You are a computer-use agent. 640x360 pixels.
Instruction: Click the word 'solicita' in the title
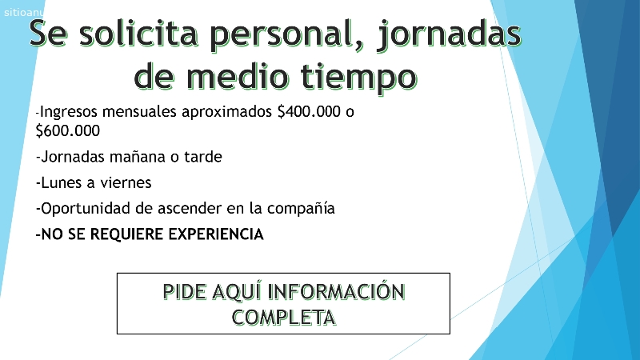[x=138, y=33]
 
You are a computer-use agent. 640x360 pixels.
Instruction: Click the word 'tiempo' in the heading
[x=359, y=78]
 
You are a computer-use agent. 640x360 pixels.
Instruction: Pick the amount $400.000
[x=309, y=111]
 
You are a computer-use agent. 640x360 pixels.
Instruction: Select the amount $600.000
[x=68, y=130]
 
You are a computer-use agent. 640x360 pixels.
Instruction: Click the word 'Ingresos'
[x=69, y=112]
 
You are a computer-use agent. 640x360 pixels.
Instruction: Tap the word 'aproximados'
[x=227, y=112]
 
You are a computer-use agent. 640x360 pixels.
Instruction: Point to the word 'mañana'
[x=138, y=157]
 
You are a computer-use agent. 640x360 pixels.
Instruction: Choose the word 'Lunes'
[x=62, y=182]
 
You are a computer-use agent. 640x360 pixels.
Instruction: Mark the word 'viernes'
[x=126, y=182]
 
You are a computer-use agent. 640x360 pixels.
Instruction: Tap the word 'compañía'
[x=301, y=209]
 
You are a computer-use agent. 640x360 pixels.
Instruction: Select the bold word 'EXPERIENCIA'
[x=216, y=234]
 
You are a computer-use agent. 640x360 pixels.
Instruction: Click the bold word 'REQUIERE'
[x=127, y=234]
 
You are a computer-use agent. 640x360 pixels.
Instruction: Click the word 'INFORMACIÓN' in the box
[x=336, y=291]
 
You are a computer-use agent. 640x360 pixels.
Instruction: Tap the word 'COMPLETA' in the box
[x=284, y=317]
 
